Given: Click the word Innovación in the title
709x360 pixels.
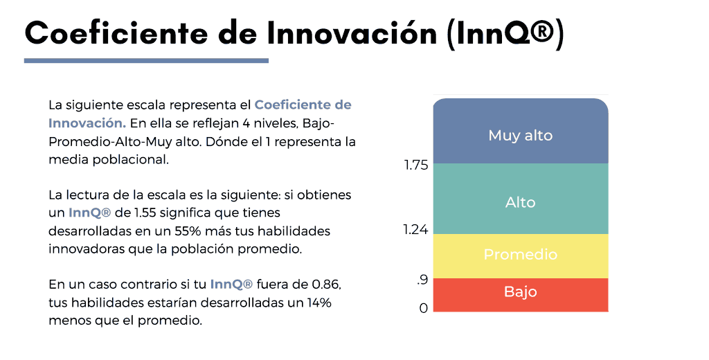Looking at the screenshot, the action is click(352, 32).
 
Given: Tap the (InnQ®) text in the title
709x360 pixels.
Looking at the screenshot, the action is click(505, 33).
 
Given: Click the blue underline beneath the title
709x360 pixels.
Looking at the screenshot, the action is click(146, 61).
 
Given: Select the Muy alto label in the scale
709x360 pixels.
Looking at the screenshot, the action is click(521, 135).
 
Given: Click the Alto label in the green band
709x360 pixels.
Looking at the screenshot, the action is click(521, 202).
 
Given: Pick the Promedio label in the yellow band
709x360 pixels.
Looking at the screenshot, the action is click(521, 254).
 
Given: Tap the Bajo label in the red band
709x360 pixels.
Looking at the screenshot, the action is click(521, 291).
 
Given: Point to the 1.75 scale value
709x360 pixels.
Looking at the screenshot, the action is click(416, 165).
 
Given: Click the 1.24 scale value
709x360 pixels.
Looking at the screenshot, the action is click(415, 230).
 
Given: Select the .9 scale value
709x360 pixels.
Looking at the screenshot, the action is click(422, 280).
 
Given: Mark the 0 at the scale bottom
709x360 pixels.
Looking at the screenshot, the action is click(423, 309).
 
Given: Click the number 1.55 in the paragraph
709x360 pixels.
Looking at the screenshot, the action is click(145, 213).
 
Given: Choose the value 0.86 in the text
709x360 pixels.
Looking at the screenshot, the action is click(327, 285).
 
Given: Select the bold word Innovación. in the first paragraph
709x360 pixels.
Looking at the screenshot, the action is click(87, 123).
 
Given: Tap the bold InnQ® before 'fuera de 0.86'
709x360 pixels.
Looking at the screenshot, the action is click(231, 285).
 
